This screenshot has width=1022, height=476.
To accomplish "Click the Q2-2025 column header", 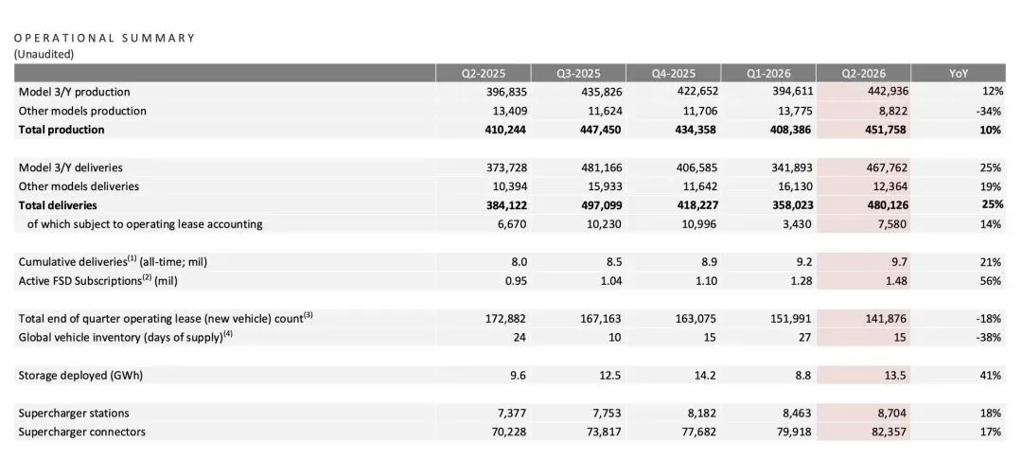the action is (483, 74).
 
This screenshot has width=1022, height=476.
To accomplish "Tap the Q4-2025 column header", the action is (674, 74).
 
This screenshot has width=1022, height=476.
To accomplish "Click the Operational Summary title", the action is (104, 38).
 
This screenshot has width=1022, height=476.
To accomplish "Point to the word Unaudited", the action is (44, 54).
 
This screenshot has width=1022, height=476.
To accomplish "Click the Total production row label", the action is (62, 129).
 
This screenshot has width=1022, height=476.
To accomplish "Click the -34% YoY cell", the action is (989, 111).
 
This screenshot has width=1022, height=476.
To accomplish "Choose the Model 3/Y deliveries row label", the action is (70, 168).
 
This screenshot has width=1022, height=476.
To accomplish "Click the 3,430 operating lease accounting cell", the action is (797, 224).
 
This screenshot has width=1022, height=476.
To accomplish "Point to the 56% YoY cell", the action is (991, 281).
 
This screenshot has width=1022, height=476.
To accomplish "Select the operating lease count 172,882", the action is (503, 319).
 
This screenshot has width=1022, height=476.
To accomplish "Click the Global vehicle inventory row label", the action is (126, 338).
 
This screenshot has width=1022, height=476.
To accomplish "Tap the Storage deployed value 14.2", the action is (706, 376).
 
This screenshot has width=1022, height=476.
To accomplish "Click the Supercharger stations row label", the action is (74, 413).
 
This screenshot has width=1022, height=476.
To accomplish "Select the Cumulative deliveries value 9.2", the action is (804, 262).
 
